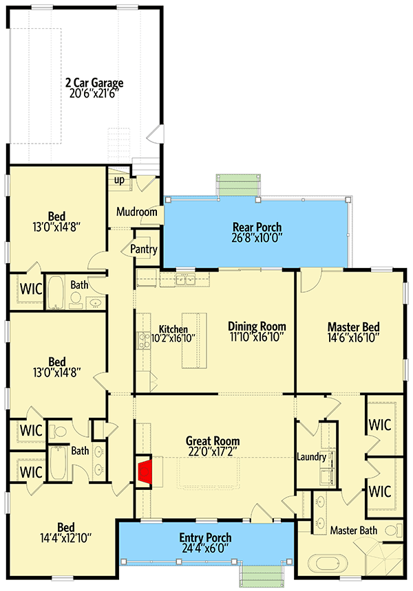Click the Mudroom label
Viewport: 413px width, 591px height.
pyautogui.click(x=137, y=212)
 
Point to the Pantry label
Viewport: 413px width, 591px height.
pyautogui.click(x=144, y=249)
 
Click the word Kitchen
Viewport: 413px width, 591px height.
pyautogui.click(x=173, y=329)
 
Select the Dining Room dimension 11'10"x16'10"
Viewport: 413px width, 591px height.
pyautogui.click(x=257, y=338)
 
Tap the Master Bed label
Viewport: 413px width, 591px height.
pyautogui.click(x=353, y=327)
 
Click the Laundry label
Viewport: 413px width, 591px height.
pyautogui.click(x=311, y=456)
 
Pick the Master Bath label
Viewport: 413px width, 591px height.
pyautogui.click(x=352, y=531)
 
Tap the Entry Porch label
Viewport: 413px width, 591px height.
pyautogui.click(x=205, y=537)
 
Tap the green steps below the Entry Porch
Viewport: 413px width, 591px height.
pyautogui.click(x=264, y=573)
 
